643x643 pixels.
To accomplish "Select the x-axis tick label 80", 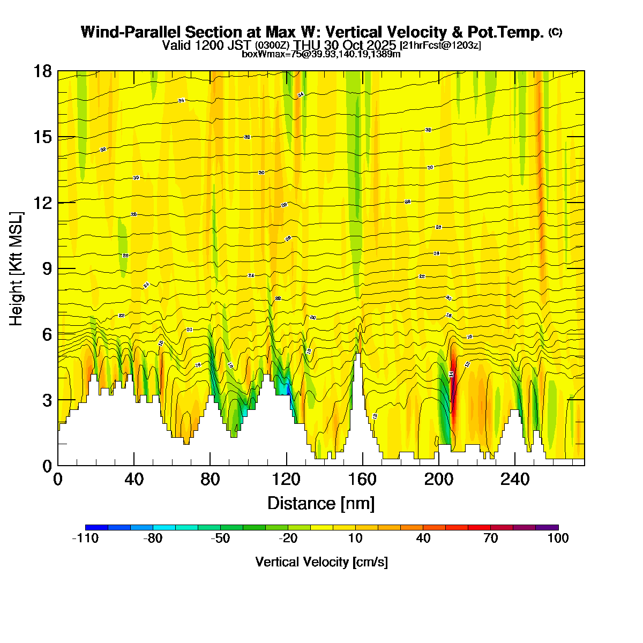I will point(210,479).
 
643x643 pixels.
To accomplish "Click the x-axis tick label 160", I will point(363,479).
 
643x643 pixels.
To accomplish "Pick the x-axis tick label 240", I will point(515,479).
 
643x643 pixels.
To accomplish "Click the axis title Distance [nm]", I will point(320,504).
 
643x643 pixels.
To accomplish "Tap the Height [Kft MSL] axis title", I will point(16,269).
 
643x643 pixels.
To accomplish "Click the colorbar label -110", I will point(85,539).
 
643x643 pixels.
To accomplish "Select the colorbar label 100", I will point(558,539).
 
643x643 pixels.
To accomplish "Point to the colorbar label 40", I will point(423,539).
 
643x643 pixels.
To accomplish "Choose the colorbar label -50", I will point(220,539).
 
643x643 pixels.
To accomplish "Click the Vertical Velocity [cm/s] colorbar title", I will point(322,562).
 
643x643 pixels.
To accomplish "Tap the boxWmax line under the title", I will point(321,54).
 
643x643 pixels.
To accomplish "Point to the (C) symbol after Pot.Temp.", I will point(555,32).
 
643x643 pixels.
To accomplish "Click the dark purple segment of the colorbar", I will point(547,528).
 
